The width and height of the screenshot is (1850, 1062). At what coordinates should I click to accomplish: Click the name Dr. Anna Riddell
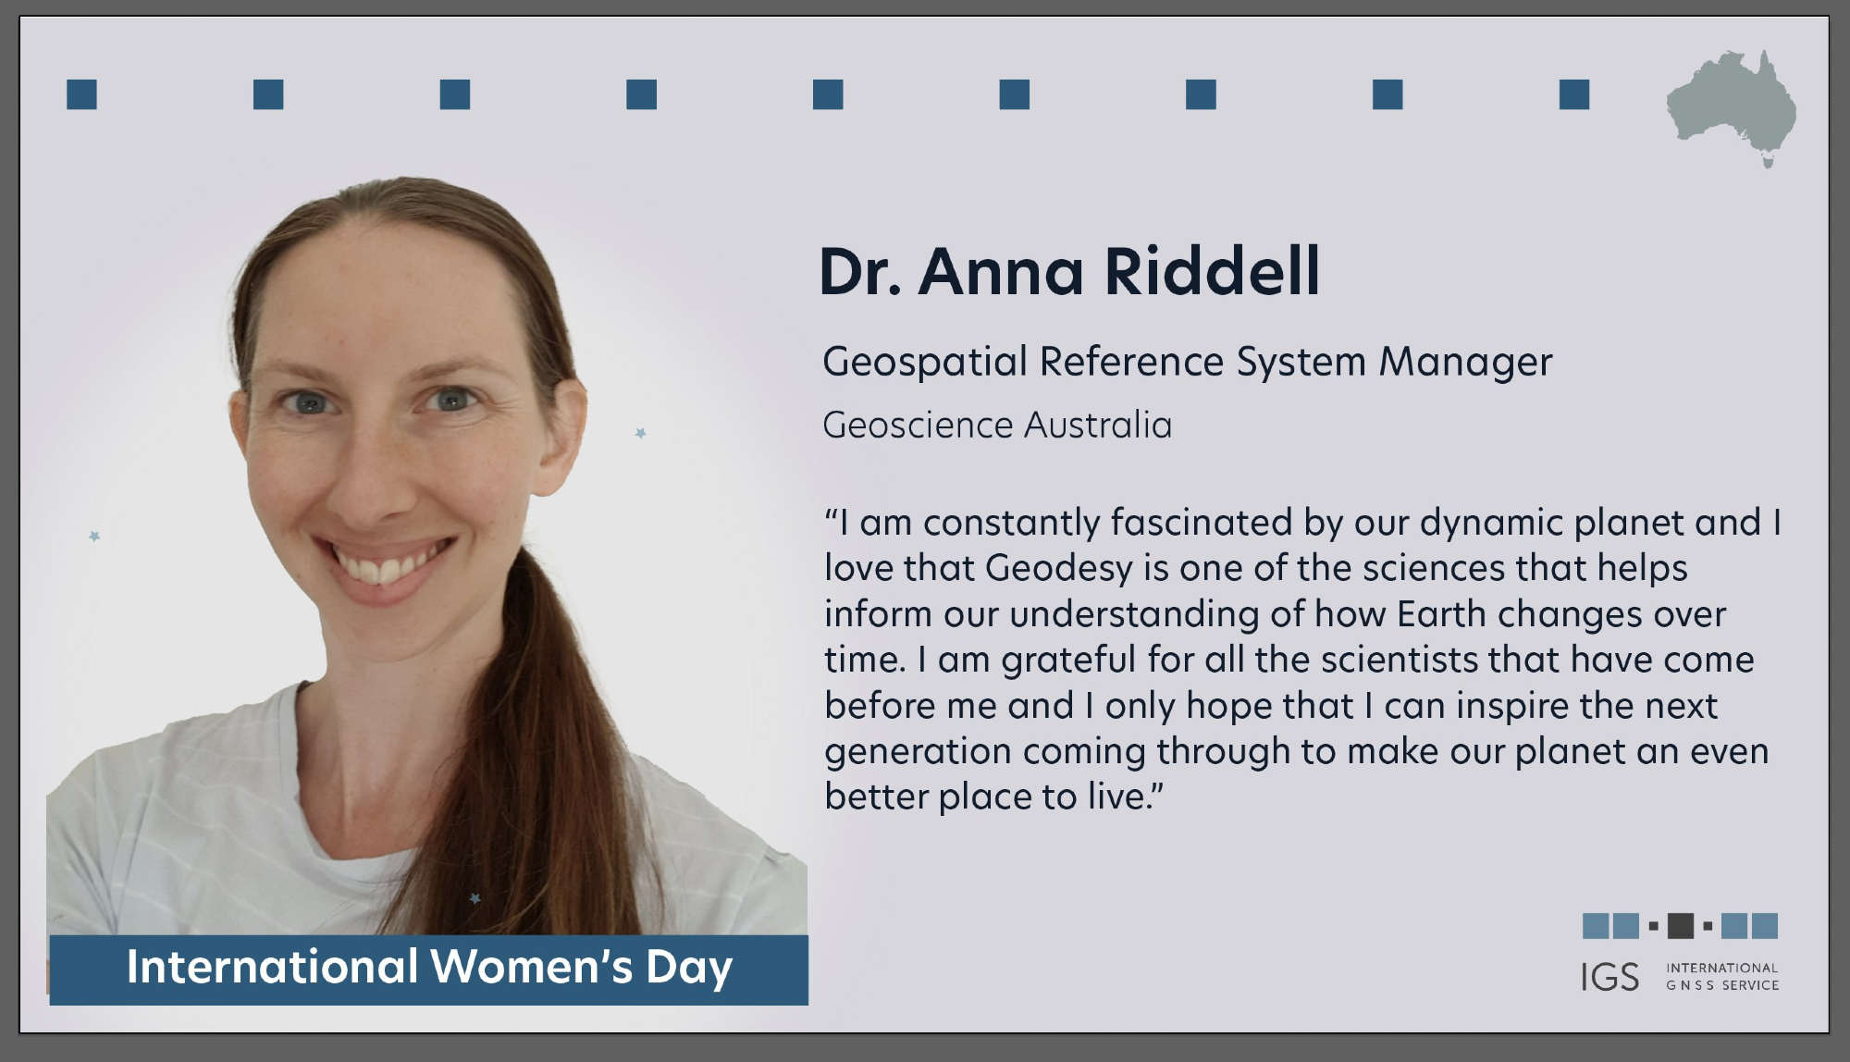click(x=1069, y=272)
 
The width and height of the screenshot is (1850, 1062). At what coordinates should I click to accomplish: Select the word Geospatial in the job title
click(x=925, y=362)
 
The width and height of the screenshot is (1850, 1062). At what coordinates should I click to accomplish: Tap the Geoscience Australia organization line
click(x=997, y=426)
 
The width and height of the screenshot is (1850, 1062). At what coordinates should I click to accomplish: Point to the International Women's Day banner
click(x=429, y=969)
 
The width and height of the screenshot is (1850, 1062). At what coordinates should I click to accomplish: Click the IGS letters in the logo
click(x=1609, y=977)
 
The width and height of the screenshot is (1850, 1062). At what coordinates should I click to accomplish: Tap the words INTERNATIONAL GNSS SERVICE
click(x=1722, y=977)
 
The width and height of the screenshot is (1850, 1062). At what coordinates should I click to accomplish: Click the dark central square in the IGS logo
click(x=1681, y=925)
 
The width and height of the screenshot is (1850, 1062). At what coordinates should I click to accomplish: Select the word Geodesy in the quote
click(x=1059, y=569)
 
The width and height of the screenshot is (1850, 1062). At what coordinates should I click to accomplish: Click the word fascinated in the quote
click(x=1202, y=523)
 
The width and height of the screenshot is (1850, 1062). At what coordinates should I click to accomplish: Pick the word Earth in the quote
click(x=1441, y=614)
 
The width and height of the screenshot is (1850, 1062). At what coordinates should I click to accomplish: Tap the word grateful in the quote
click(x=1068, y=661)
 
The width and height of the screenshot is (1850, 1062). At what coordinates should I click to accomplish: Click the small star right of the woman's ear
click(x=640, y=433)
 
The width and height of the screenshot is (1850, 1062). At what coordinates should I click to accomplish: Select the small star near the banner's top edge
click(x=475, y=898)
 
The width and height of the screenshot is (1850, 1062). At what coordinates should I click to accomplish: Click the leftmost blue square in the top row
click(x=81, y=94)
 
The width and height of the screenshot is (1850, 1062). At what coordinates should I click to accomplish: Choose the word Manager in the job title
click(x=1465, y=362)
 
